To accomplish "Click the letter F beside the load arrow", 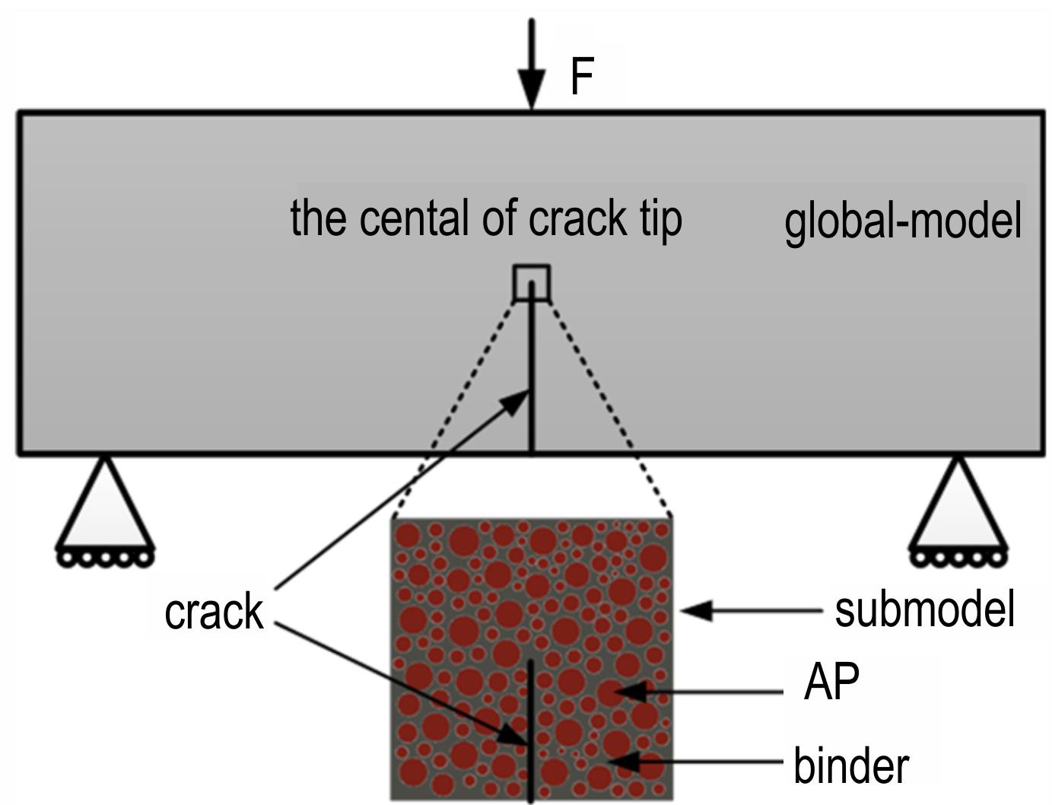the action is coord(582,76).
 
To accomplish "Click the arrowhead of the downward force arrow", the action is coord(532,90).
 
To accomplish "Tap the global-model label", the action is coord(902,221).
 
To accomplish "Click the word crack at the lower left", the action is coord(214,612).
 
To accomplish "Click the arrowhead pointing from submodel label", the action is coord(696,611).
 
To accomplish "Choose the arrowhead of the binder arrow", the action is coord(624,762).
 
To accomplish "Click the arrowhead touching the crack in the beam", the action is coord(515,402).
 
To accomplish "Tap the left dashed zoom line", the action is coord(453,409).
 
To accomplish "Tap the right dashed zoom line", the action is coord(609,409).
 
